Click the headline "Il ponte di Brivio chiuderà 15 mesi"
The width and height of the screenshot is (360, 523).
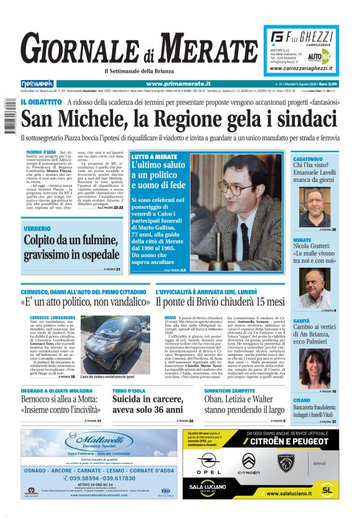[219, 302]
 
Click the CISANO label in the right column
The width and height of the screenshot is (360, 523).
[302, 401]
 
